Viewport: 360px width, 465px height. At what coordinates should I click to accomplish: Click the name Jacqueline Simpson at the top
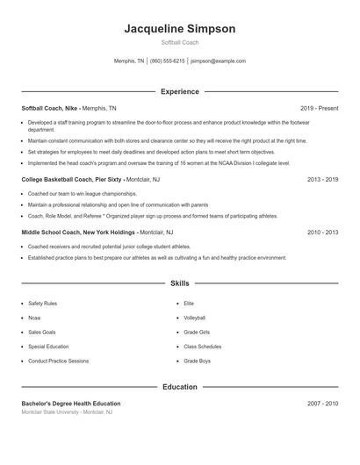pos(179,29)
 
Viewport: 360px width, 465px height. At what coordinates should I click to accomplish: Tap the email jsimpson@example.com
pos(218,61)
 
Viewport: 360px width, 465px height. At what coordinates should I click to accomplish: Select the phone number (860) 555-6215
pos(167,61)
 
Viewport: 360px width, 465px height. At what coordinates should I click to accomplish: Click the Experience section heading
pos(179,91)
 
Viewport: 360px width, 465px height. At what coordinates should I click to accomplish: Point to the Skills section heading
pos(179,283)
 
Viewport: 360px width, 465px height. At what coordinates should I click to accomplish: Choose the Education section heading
pos(179,387)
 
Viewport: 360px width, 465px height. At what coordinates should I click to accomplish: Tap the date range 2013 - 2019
pos(322,179)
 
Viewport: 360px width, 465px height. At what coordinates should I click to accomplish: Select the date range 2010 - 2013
pos(322,232)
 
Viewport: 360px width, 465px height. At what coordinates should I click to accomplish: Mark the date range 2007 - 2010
pos(322,404)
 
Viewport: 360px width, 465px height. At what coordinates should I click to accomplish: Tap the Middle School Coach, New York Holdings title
pos(78,232)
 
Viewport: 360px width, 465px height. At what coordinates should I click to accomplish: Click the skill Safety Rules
pos(42,304)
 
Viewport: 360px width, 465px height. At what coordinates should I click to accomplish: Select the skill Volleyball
pos(194,318)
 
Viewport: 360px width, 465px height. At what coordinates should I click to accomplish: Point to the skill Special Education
pos(47,347)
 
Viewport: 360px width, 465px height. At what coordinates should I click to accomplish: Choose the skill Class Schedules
pos(202,347)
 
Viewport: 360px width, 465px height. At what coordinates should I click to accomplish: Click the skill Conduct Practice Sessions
pos(58,361)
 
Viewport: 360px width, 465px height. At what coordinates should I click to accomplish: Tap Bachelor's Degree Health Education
pos(71,404)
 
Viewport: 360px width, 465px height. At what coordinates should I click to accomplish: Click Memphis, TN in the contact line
pos(129,61)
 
